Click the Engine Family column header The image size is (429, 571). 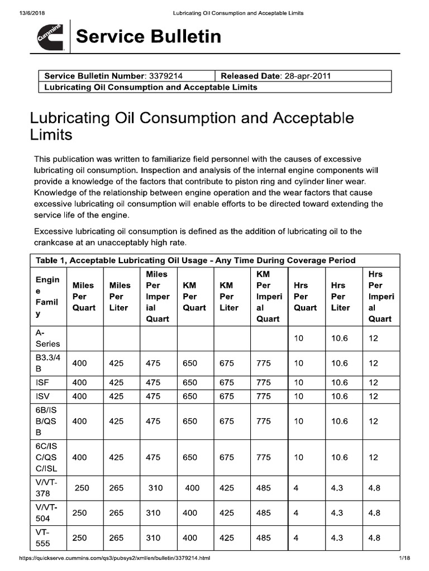point(47,296)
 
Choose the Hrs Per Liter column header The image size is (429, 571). point(340,296)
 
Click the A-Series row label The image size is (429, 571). point(47,338)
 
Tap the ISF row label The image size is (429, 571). point(42,383)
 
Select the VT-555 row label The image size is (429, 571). point(43,538)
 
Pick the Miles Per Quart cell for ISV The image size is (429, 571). point(79,396)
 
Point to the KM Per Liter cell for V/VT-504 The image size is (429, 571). point(227,513)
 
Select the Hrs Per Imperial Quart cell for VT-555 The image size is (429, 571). point(374,538)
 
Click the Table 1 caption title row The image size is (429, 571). point(196,260)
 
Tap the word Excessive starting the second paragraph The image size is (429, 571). point(54,231)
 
